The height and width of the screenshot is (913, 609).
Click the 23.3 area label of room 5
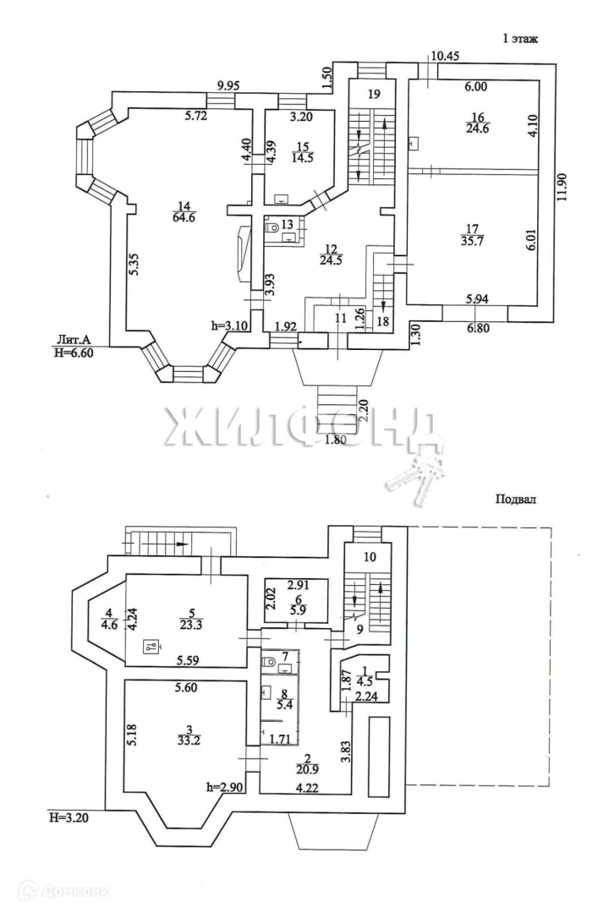click(x=191, y=626)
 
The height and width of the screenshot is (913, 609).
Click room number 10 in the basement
click(x=370, y=557)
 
